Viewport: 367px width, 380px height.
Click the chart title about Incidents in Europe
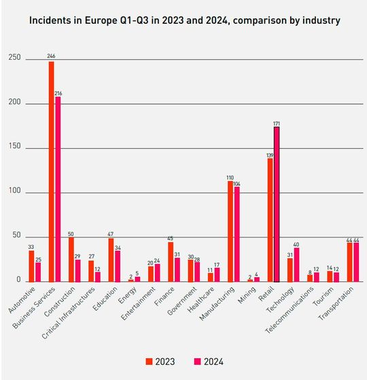(x=184, y=20)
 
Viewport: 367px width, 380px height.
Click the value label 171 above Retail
(x=277, y=122)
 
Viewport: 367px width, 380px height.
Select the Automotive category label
(x=20, y=300)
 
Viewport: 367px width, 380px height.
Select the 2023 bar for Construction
(x=71, y=259)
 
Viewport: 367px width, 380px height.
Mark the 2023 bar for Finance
(x=171, y=262)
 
